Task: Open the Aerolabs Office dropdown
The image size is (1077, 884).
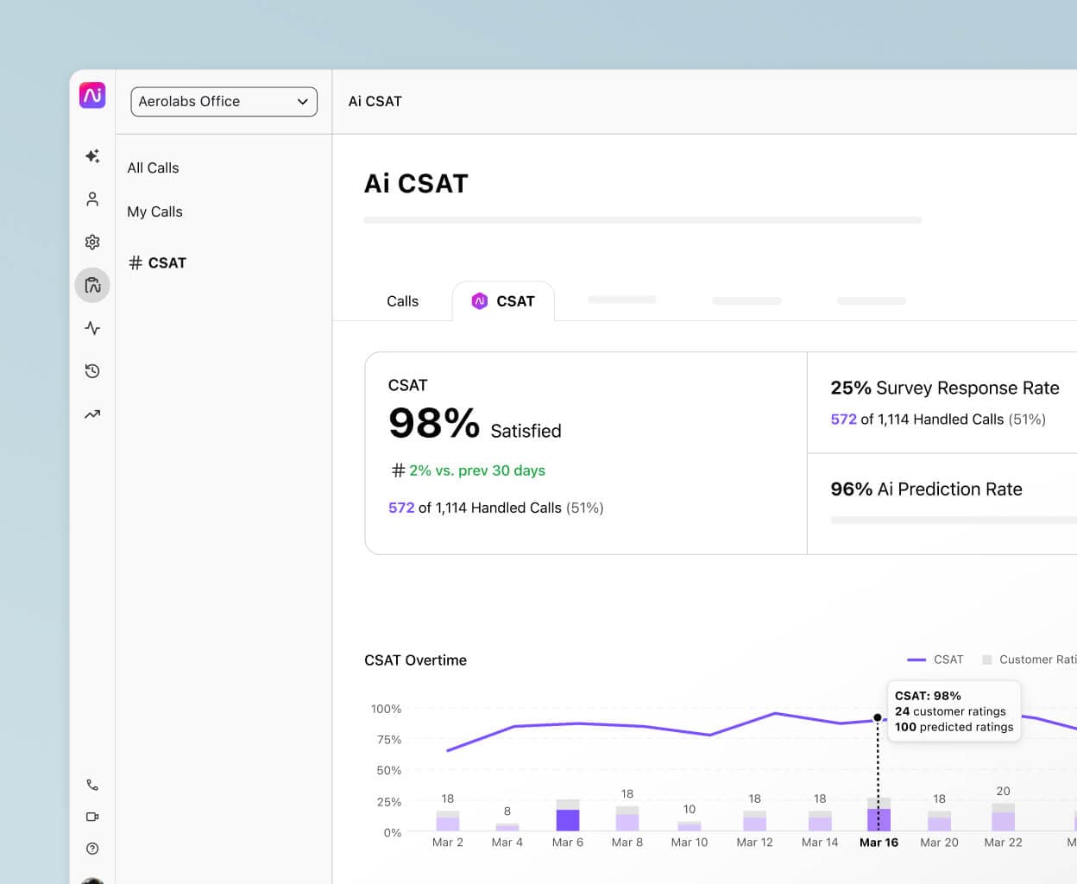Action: pyautogui.click(x=224, y=101)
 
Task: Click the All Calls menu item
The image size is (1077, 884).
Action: pyautogui.click(x=153, y=167)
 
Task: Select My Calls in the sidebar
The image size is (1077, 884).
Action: pyautogui.click(x=154, y=212)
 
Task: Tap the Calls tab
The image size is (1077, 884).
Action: pyautogui.click(x=402, y=301)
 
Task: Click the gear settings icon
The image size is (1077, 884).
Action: pyautogui.click(x=92, y=243)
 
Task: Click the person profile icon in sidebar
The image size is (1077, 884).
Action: pyautogui.click(x=92, y=199)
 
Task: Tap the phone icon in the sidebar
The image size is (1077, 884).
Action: pyautogui.click(x=92, y=785)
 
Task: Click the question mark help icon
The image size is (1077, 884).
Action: pyautogui.click(x=92, y=849)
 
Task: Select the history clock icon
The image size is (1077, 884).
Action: pyautogui.click(x=92, y=371)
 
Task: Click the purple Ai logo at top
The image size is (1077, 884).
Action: pyautogui.click(x=92, y=95)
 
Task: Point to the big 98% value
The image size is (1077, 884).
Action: pyautogui.click(x=434, y=423)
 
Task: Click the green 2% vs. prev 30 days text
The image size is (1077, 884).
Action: pyautogui.click(x=476, y=470)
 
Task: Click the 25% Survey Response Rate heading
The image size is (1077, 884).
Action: pyautogui.click(x=944, y=388)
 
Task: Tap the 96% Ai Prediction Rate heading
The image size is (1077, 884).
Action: pyautogui.click(x=926, y=489)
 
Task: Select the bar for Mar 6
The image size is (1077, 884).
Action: pyautogui.click(x=568, y=817)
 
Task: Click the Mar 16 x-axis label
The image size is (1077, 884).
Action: pyautogui.click(x=879, y=843)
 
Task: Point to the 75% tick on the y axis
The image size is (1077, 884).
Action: pyautogui.click(x=389, y=740)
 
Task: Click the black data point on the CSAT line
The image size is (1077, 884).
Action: pyautogui.click(x=878, y=717)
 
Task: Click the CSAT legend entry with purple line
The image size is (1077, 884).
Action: pyautogui.click(x=935, y=660)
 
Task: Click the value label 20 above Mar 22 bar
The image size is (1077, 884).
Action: pyautogui.click(x=1003, y=791)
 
